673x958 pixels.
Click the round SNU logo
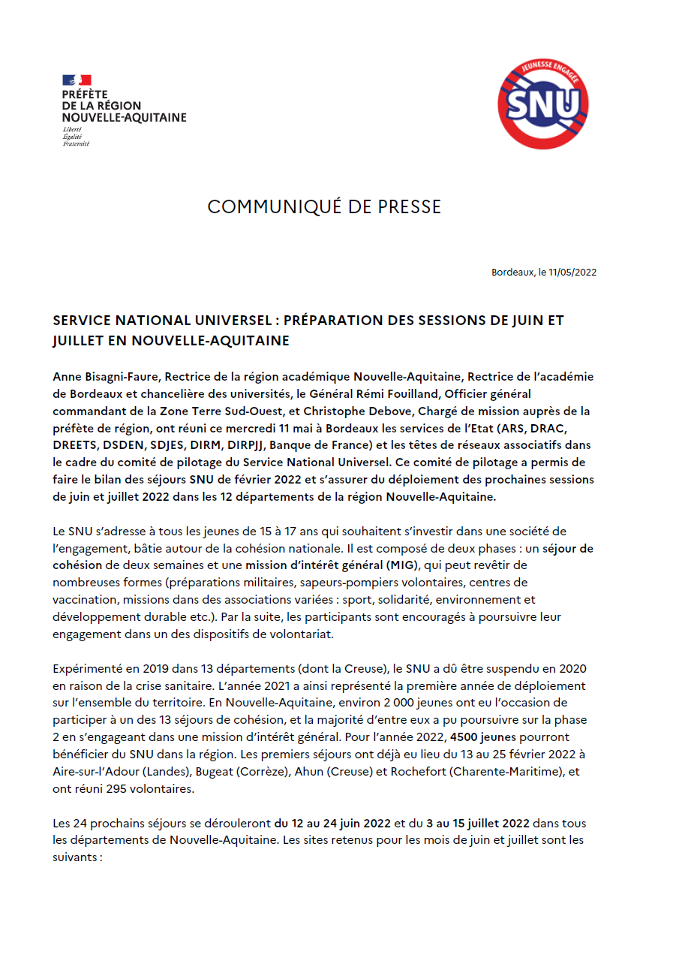click(x=543, y=104)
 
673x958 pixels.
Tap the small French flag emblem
click(x=77, y=80)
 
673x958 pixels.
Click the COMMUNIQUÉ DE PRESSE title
click(x=324, y=207)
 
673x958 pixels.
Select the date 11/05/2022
click(x=574, y=273)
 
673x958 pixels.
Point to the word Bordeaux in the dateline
click(x=512, y=273)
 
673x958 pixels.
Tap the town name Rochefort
click(x=432, y=771)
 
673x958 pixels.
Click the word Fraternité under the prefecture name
click(x=76, y=143)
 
